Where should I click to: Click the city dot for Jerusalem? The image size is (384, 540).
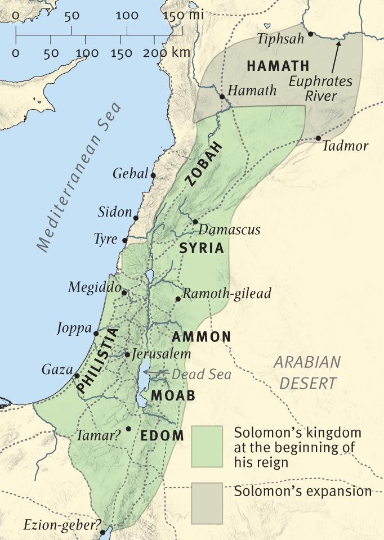tap(127, 355)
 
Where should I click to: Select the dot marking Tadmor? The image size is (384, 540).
tap(318, 138)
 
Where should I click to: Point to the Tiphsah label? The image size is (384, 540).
tap(280, 39)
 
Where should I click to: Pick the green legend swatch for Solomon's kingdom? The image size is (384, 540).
tap(207, 446)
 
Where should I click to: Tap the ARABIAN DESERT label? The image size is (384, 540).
tap(307, 372)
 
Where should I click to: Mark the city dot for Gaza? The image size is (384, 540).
tap(77, 376)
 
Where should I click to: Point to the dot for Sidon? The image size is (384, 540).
tap(136, 217)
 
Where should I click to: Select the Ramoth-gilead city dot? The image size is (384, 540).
tap(178, 299)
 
